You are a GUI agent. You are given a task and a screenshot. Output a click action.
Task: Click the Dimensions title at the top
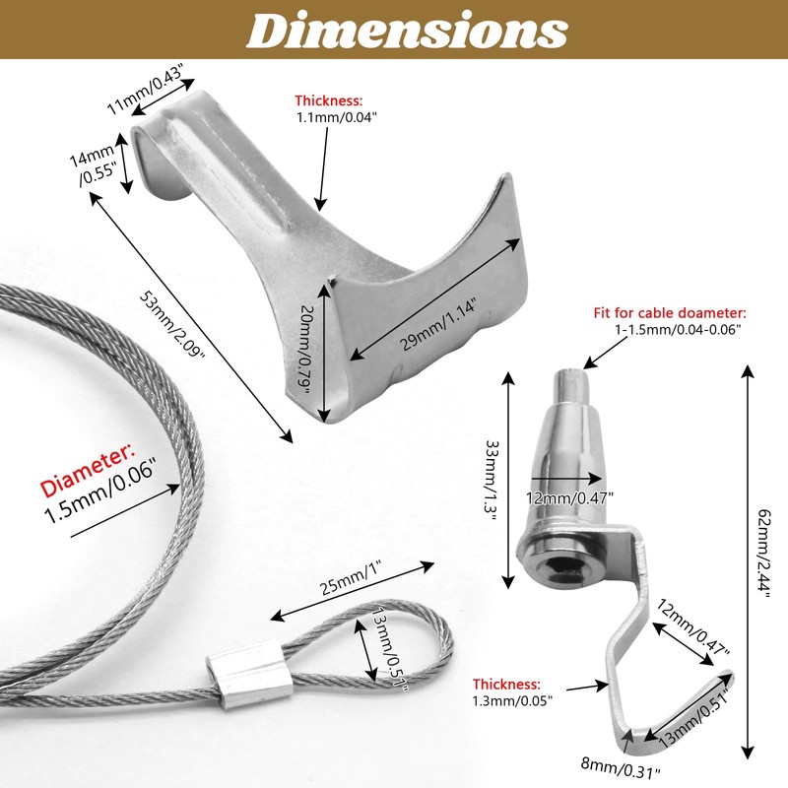tap(406, 31)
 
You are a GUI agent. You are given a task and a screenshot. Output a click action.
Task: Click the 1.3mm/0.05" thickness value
tap(511, 700)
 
